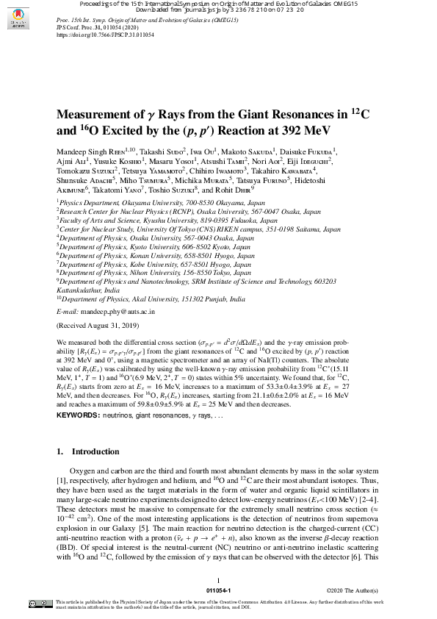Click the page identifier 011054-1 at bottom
tap(218, 590)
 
